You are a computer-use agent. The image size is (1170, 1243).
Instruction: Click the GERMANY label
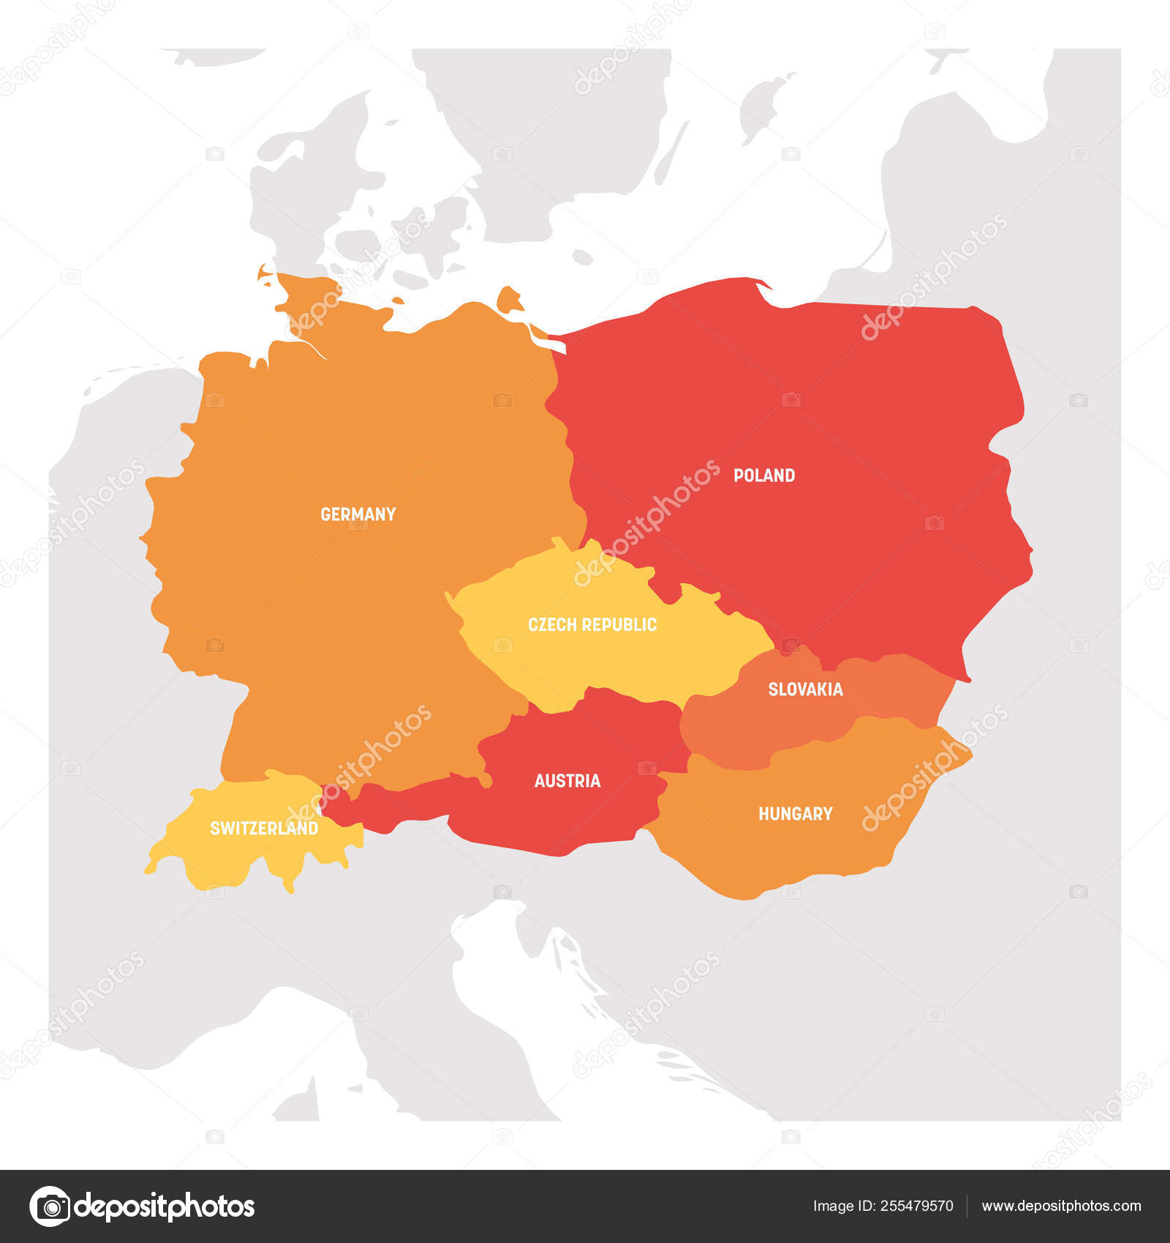[x=358, y=514]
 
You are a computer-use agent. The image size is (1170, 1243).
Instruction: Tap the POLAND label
[x=764, y=475]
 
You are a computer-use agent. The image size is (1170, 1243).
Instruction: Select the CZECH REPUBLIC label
[x=592, y=624]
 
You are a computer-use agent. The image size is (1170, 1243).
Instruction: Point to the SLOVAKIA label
[x=805, y=689]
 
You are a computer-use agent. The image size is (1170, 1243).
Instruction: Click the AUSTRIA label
[x=567, y=781]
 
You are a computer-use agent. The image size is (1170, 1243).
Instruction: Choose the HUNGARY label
[x=795, y=814]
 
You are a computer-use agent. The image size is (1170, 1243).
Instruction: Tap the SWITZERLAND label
[x=264, y=828]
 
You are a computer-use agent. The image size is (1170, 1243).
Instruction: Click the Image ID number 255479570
[x=918, y=1206]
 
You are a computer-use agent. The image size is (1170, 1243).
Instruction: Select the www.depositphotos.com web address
[x=1061, y=1206]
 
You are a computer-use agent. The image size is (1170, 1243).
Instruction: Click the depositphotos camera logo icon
[x=50, y=1206]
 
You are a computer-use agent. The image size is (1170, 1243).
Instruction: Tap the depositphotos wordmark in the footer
[x=165, y=1206]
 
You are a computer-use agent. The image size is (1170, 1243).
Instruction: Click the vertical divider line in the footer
[x=967, y=1206]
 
